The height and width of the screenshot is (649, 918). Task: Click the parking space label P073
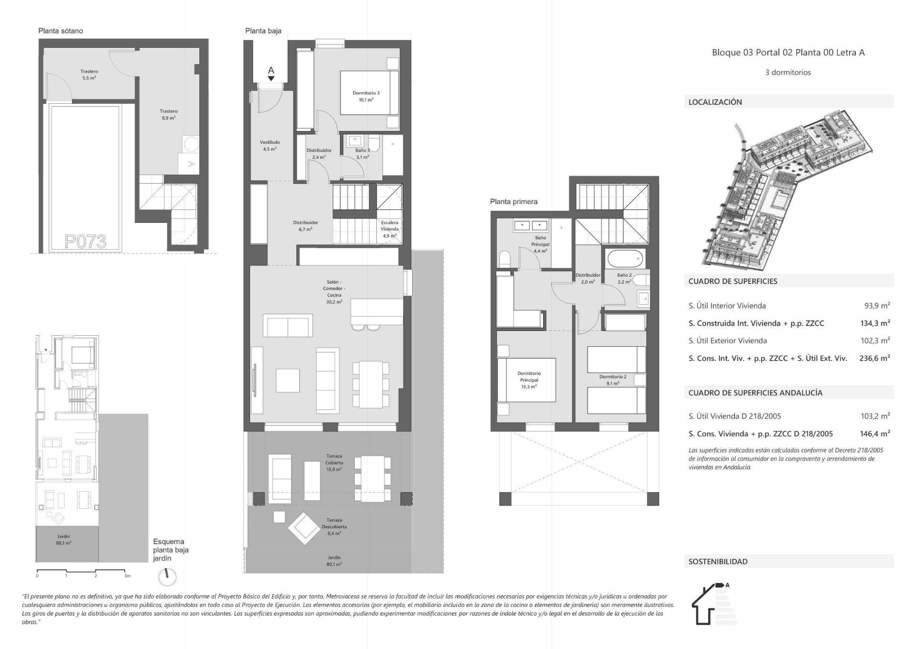click(x=86, y=242)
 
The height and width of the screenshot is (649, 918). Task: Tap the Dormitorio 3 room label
click(x=366, y=96)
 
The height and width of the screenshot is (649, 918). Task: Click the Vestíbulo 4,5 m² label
click(x=270, y=145)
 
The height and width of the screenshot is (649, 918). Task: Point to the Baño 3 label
click(x=362, y=154)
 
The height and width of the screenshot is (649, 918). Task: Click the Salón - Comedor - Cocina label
click(x=334, y=292)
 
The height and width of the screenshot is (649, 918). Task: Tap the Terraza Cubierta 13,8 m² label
click(x=334, y=462)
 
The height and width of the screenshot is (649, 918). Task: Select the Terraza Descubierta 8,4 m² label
click(x=334, y=527)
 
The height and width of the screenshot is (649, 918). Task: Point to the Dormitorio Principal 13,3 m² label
click(x=529, y=380)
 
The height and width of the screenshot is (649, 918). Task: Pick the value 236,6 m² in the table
click(x=874, y=358)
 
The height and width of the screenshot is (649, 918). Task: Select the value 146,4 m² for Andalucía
click(x=874, y=434)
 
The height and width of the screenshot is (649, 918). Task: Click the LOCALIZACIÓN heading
click(x=715, y=102)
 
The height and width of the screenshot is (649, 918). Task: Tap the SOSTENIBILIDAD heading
click(x=718, y=561)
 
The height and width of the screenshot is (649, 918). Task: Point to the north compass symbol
click(x=167, y=577)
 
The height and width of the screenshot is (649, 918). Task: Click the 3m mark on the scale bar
click(x=127, y=576)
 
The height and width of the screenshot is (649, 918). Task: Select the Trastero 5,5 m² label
click(x=89, y=74)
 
